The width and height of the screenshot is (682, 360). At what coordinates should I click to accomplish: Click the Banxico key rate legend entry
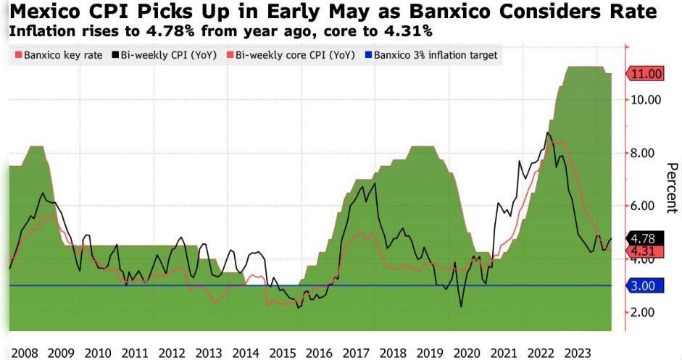tap(59, 55)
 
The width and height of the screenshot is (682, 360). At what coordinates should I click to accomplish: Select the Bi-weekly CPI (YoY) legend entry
tap(165, 55)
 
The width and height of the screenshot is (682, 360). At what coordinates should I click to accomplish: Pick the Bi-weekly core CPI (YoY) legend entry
tap(291, 55)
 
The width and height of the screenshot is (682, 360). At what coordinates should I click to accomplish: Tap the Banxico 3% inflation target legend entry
tap(431, 55)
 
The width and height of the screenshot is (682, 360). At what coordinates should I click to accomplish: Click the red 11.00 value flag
tap(644, 74)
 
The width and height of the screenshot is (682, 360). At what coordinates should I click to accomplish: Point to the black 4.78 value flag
tap(644, 238)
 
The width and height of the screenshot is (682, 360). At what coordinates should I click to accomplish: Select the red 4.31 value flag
tap(644, 251)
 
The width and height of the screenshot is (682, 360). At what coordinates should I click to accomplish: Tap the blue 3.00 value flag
tap(644, 286)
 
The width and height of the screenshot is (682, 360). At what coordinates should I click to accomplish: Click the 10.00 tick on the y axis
tap(646, 100)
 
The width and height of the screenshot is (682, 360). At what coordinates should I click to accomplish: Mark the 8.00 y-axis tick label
tap(643, 153)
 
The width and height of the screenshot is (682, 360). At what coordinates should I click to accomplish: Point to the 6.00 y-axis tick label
tap(643, 206)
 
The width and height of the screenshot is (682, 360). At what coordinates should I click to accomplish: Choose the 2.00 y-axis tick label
tap(643, 312)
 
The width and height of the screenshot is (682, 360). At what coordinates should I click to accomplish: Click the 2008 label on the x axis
tap(25, 353)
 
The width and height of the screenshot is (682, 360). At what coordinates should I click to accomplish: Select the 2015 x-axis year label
tap(282, 353)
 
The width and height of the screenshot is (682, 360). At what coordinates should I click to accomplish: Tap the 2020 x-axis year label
tap(467, 353)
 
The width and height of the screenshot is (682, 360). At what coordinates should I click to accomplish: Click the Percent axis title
tap(672, 188)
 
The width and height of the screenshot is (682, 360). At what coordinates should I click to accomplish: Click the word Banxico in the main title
tap(450, 12)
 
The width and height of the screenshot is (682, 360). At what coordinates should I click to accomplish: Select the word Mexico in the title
tap(45, 12)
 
